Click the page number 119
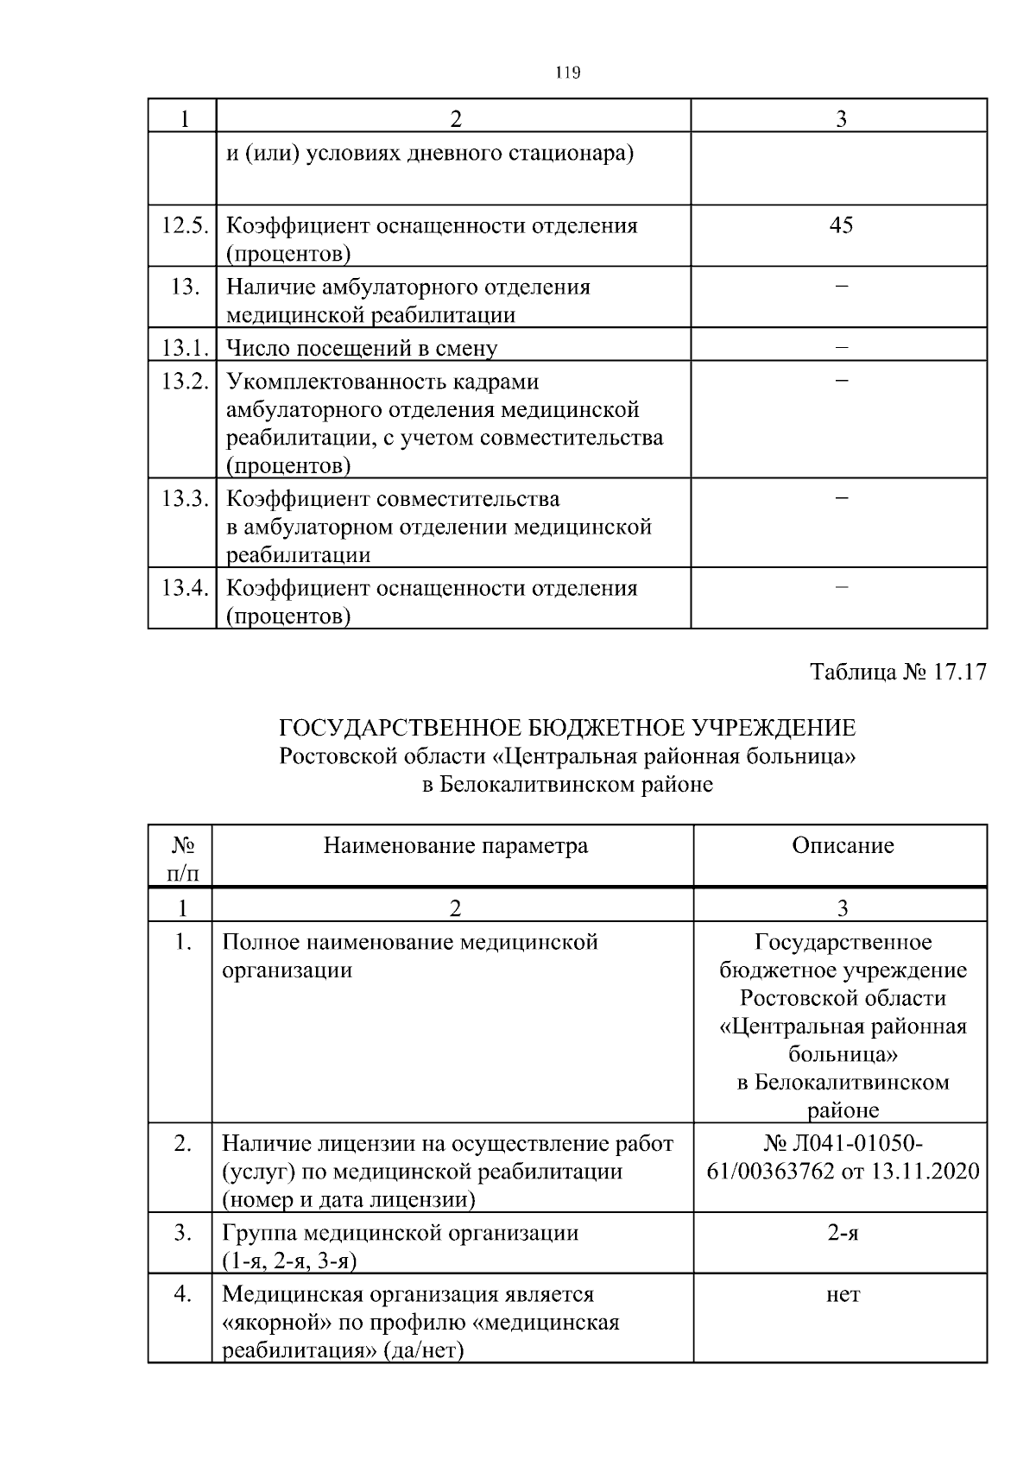(x=567, y=73)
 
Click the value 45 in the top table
(x=840, y=225)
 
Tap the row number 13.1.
(x=184, y=348)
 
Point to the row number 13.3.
(x=184, y=499)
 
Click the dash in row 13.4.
(x=842, y=587)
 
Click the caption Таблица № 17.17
(x=898, y=672)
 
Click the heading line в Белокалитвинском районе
(x=567, y=785)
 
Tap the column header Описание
(x=843, y=845)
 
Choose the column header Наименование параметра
(x=456, y=845)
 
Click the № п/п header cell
(x=182, y=858)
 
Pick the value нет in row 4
(x=843, y=1294)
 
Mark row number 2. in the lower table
(x=182, y=1144)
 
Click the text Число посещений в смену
(x=362, y=348)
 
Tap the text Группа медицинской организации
(x=400, y=1233)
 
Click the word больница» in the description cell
(x=843, y=1054)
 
